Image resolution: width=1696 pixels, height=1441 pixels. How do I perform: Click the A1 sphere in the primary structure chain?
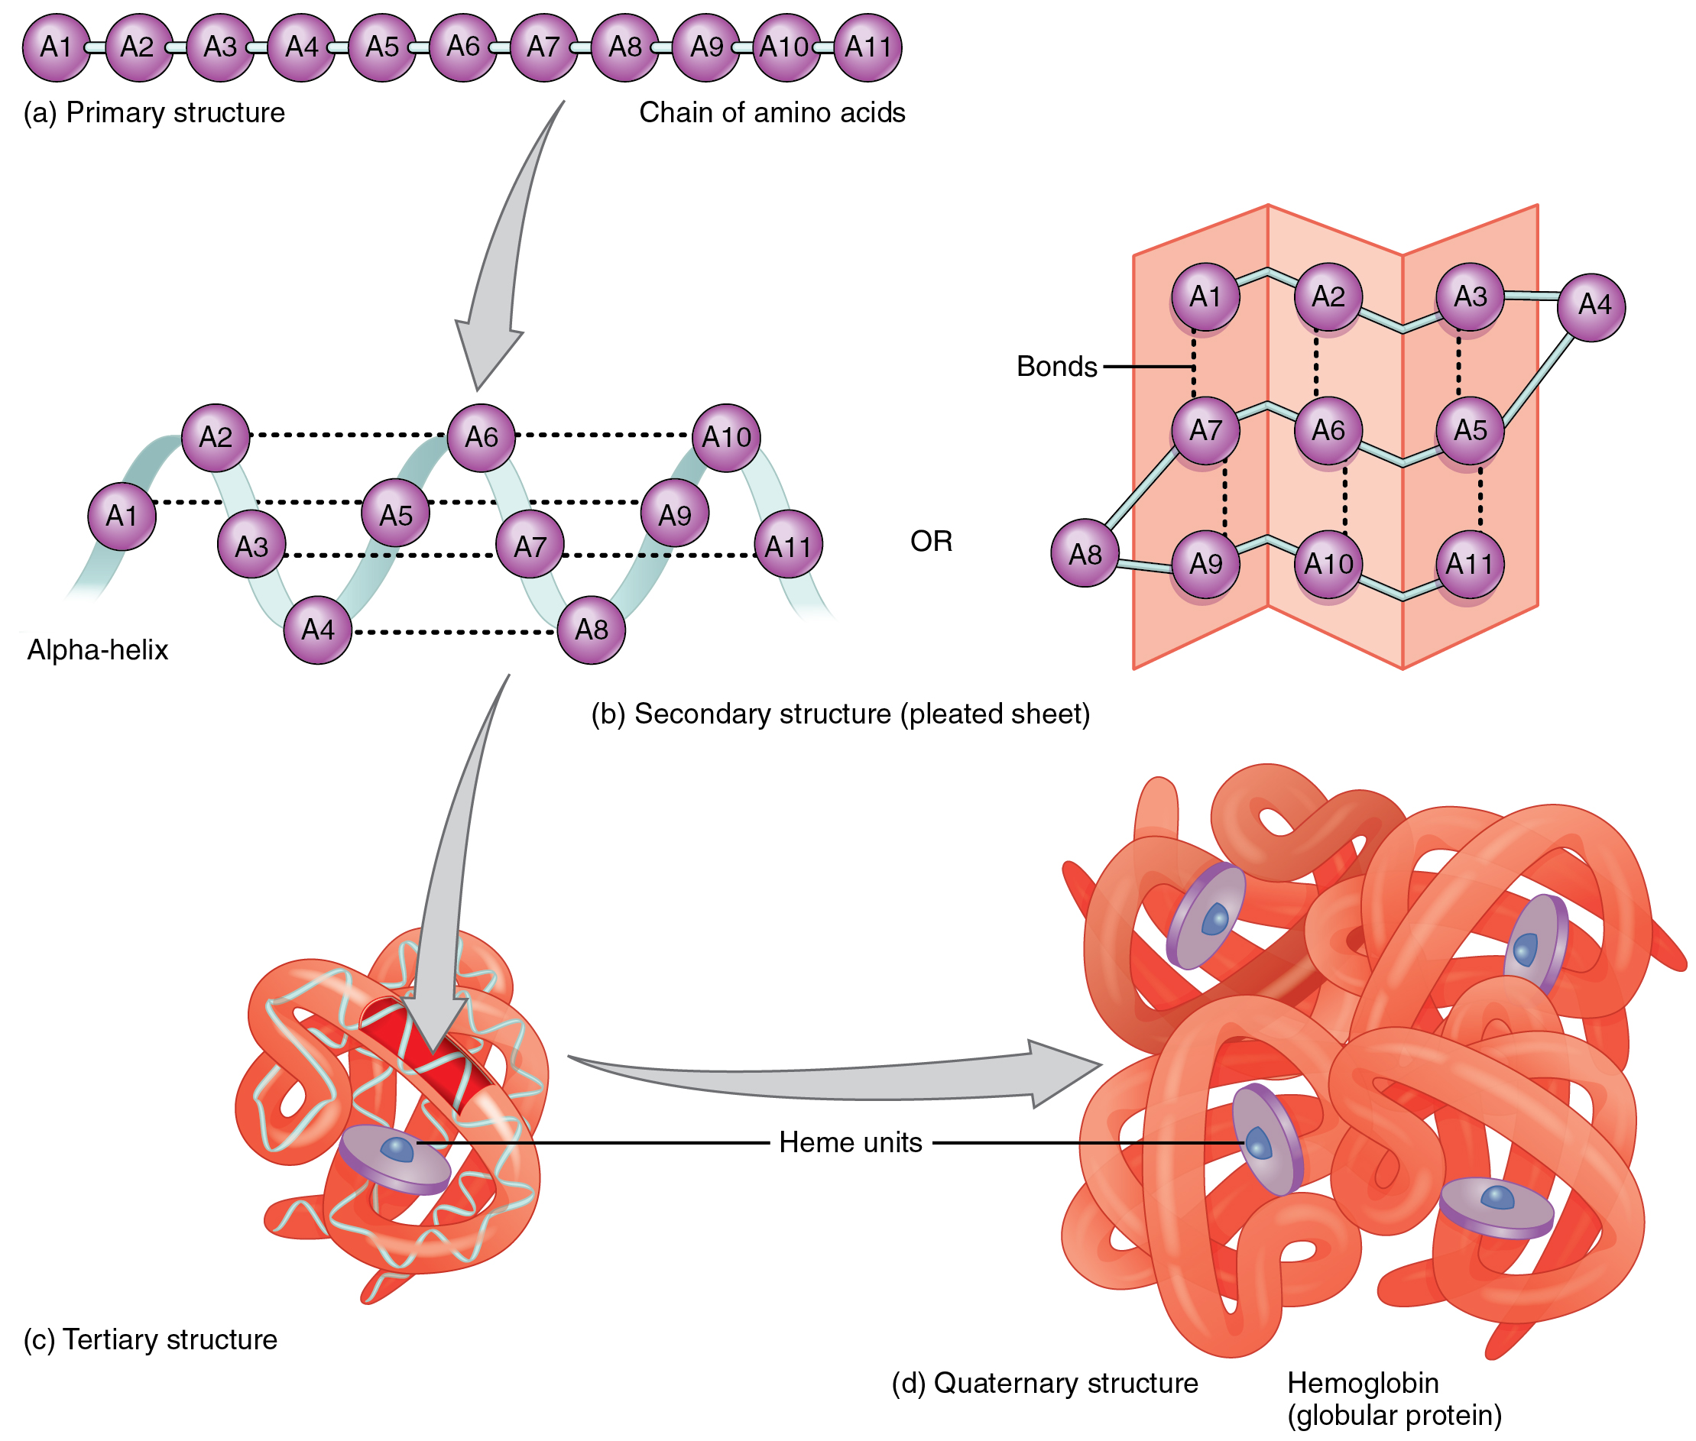[x=56, y=47]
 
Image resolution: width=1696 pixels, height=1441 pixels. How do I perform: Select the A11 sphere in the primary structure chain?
[x=867, y=47]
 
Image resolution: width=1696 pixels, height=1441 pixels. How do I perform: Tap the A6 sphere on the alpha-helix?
[x=481, y=437]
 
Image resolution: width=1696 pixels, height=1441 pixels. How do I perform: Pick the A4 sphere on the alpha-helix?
[x=317, y=629]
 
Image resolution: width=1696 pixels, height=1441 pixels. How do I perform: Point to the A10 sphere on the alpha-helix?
[x=725, y=437]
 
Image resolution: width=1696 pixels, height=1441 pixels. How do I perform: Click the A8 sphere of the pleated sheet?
[x=1083, y=553]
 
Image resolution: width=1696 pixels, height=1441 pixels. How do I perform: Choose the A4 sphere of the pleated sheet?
[x=1590, y=306]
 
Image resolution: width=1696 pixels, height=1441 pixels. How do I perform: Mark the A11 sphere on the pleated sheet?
[x=1468, y=563]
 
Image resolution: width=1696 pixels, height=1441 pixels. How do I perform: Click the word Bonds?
[x=1056, y=366]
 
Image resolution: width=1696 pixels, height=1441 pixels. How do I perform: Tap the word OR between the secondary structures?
[x=930, y=541]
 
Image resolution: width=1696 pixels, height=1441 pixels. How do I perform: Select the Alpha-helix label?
[x=97, y=649]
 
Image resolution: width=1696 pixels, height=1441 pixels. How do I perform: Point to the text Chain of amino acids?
[x=771, y=112]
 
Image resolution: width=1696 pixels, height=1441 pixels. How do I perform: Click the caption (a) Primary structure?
[x=154, y=112]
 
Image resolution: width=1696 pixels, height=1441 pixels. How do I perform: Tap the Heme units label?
[x=850, y=1142]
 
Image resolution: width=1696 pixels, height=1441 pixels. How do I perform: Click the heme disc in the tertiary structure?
[x=394, y=1158]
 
